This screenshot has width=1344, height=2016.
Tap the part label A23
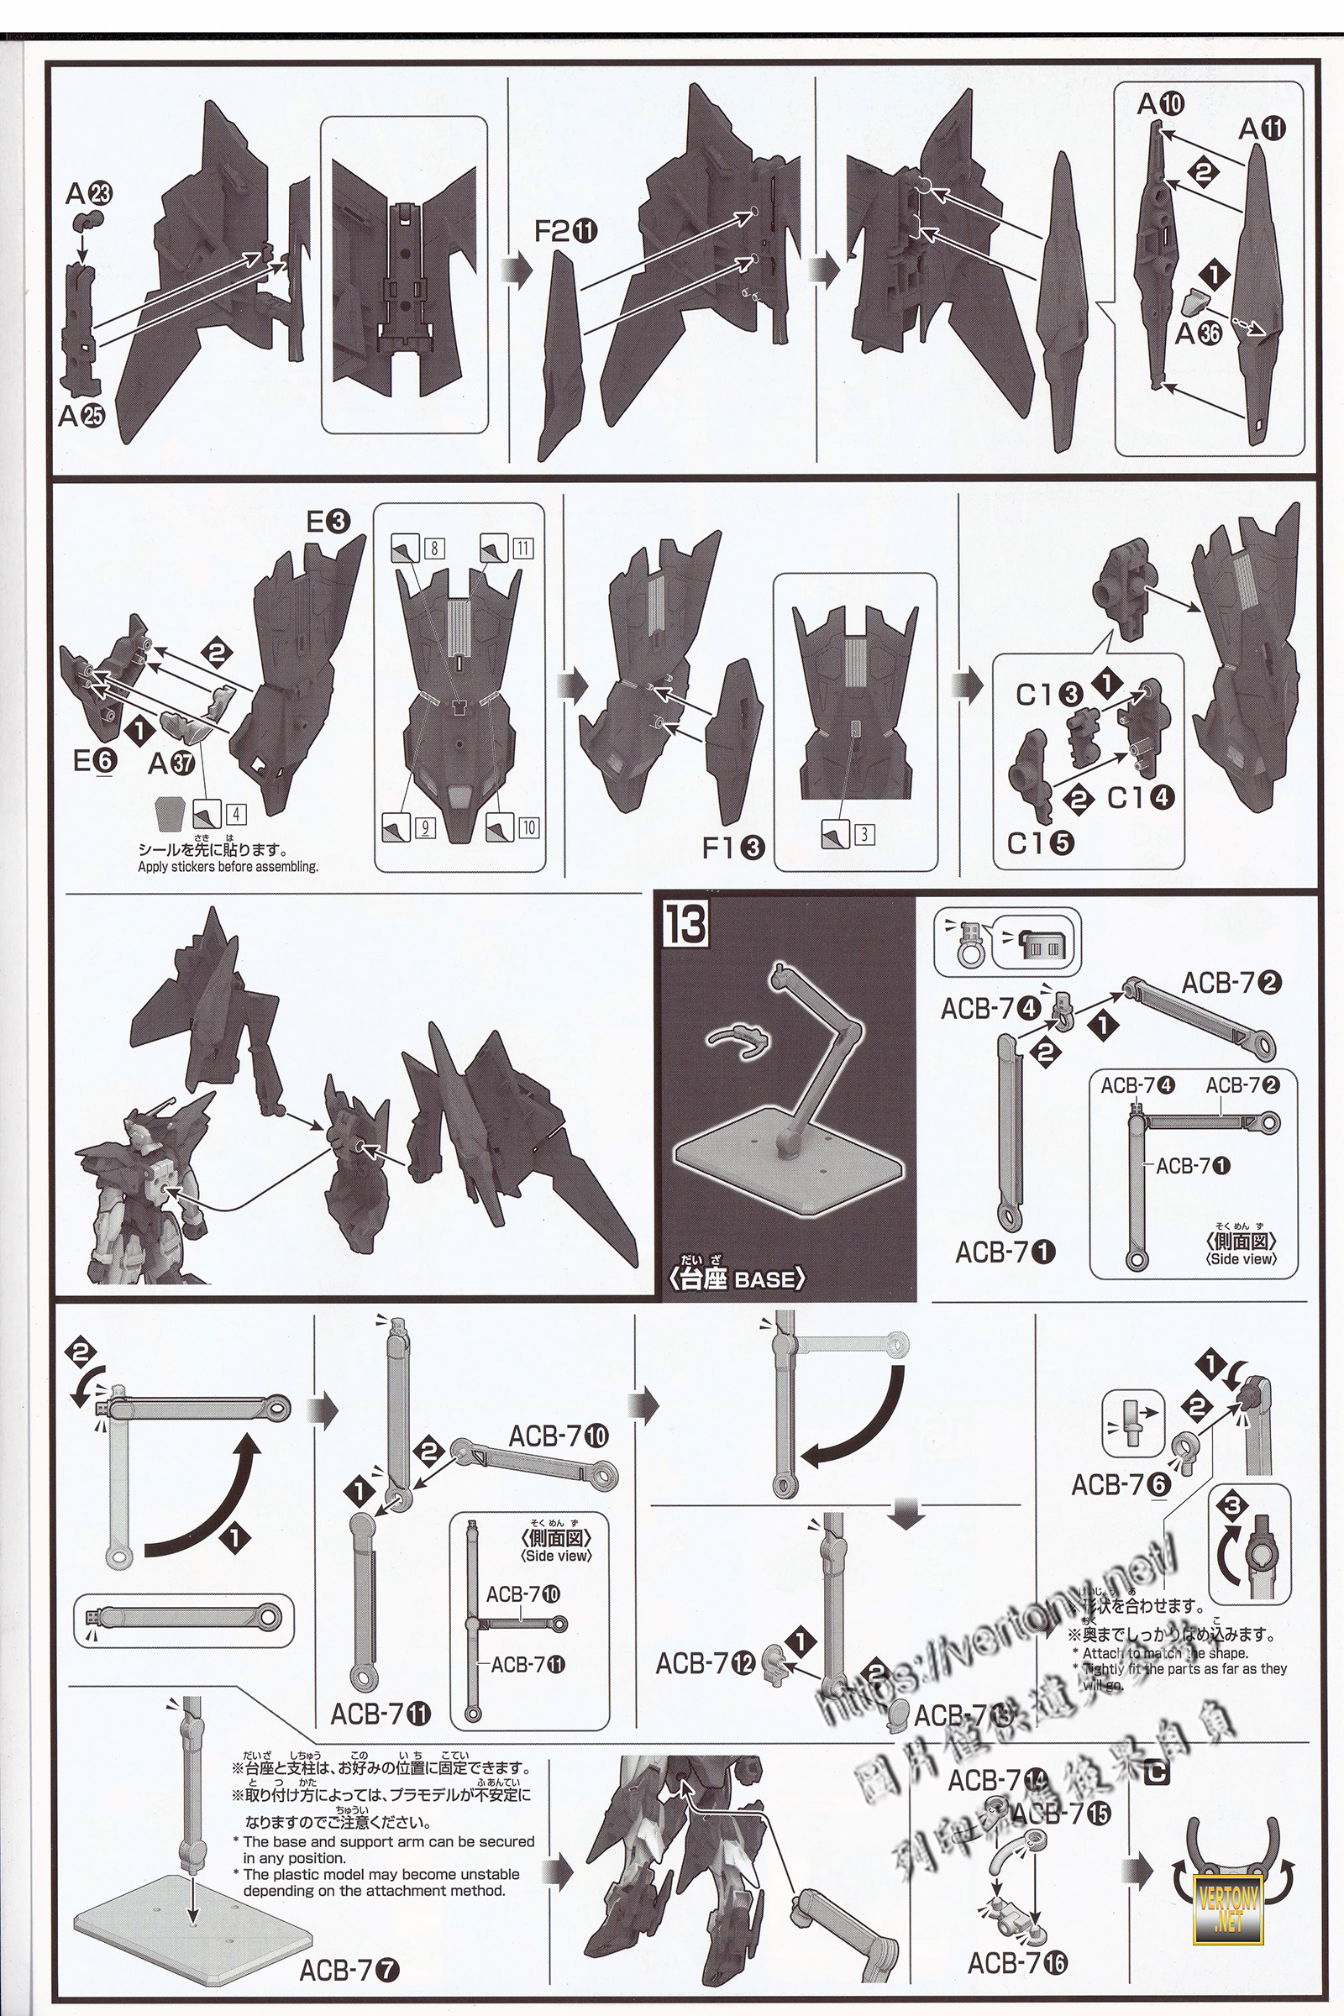point(88,195)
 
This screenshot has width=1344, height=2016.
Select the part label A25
point(81,417)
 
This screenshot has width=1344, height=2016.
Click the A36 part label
point(1198,333)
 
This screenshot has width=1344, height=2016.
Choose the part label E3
point(328,521)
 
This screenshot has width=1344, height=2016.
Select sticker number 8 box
point(434,547)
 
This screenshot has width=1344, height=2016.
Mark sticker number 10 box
point(529,827)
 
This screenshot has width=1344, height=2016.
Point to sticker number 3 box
point(866,833)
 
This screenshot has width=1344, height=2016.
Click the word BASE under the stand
point(766,1278)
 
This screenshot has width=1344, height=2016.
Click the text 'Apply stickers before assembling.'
point(228,867)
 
